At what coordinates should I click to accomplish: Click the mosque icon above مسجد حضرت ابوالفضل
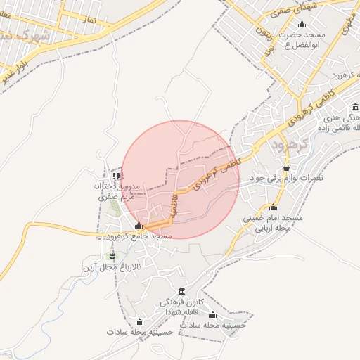click(302, 25)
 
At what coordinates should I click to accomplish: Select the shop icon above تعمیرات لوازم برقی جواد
click(286, 168)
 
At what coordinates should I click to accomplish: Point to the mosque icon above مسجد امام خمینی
click(273, 207)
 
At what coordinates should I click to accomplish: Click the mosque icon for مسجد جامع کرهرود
click(139, 226)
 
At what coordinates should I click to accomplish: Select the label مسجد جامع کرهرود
click(138, 237)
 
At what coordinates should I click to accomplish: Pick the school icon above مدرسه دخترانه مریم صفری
click(116, 176)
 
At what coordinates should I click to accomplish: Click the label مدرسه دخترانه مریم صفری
click(117, 192)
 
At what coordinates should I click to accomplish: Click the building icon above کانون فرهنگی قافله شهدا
click(182, 292)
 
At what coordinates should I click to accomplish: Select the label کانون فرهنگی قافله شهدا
click(183, 307)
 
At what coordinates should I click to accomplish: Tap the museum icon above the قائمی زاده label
click(355, 108)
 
